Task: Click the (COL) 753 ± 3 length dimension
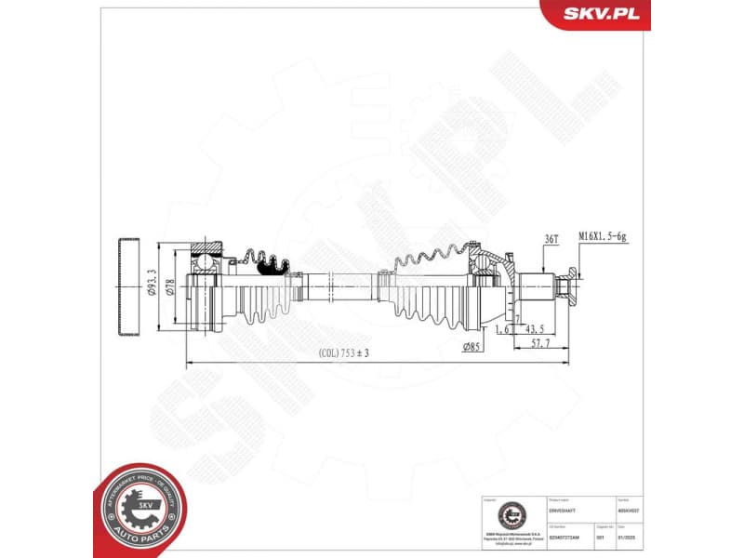pyautogui.click(x=344, y=353)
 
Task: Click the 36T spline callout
pyautogui.click(x=551, y=239)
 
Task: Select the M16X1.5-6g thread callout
pyautogui.click(x=604, y=238)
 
